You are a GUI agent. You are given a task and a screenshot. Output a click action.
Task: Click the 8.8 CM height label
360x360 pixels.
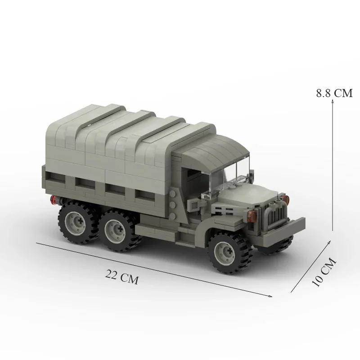(334, 93)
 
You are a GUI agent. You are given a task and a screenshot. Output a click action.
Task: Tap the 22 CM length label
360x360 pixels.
(122, 277)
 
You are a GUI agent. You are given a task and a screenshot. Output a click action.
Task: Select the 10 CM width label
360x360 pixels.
(324, 272)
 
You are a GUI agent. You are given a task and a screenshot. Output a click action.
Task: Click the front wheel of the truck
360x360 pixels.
(229, 252)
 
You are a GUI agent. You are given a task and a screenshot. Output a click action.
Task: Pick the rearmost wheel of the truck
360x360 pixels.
(76, 222)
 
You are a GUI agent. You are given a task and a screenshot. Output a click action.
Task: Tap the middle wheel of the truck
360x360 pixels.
(119, 230)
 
